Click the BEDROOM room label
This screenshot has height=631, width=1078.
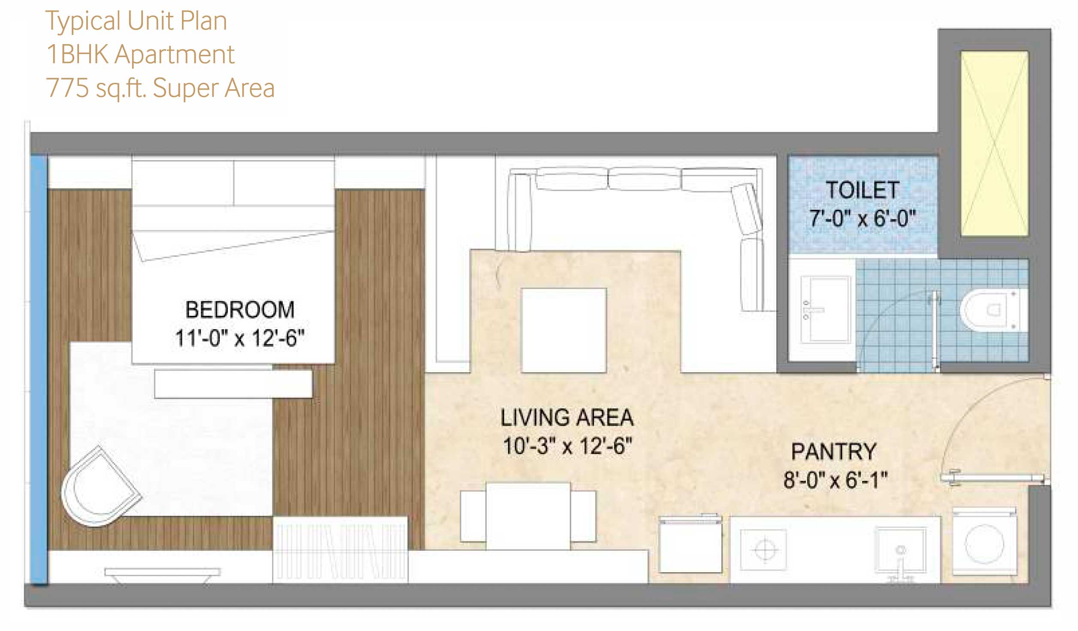(x=240, y=309)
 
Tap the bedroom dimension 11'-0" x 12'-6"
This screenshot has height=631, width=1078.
(x=240, y=338)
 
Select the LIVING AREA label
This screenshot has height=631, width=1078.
(x=567, y=417)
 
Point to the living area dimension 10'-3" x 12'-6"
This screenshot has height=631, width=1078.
(x=567, y=446)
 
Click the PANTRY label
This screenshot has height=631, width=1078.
(x=834, y=452)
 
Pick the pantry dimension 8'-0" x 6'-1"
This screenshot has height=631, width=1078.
(x=835, y=480)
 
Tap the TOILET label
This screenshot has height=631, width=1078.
(x=863, y=190)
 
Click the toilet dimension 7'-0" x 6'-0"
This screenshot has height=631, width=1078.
(x=863, y=218)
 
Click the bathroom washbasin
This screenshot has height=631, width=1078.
(x=826, y=309)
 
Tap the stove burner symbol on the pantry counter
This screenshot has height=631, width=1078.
(x=764, y=549)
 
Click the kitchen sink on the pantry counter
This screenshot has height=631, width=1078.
(x=900, y=550)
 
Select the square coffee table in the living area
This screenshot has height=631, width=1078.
(x=564, y=330)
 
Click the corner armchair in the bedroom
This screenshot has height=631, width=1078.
(x=100, y=486)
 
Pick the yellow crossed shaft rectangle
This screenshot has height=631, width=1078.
(x=995, y=144)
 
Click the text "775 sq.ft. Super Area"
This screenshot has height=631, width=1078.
(x=160, y=88)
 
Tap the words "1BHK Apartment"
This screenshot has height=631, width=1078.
(x=140, y=55)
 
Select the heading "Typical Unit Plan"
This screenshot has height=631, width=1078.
(x=136, y=21)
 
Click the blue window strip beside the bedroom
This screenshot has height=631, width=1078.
(x=39, y=370)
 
